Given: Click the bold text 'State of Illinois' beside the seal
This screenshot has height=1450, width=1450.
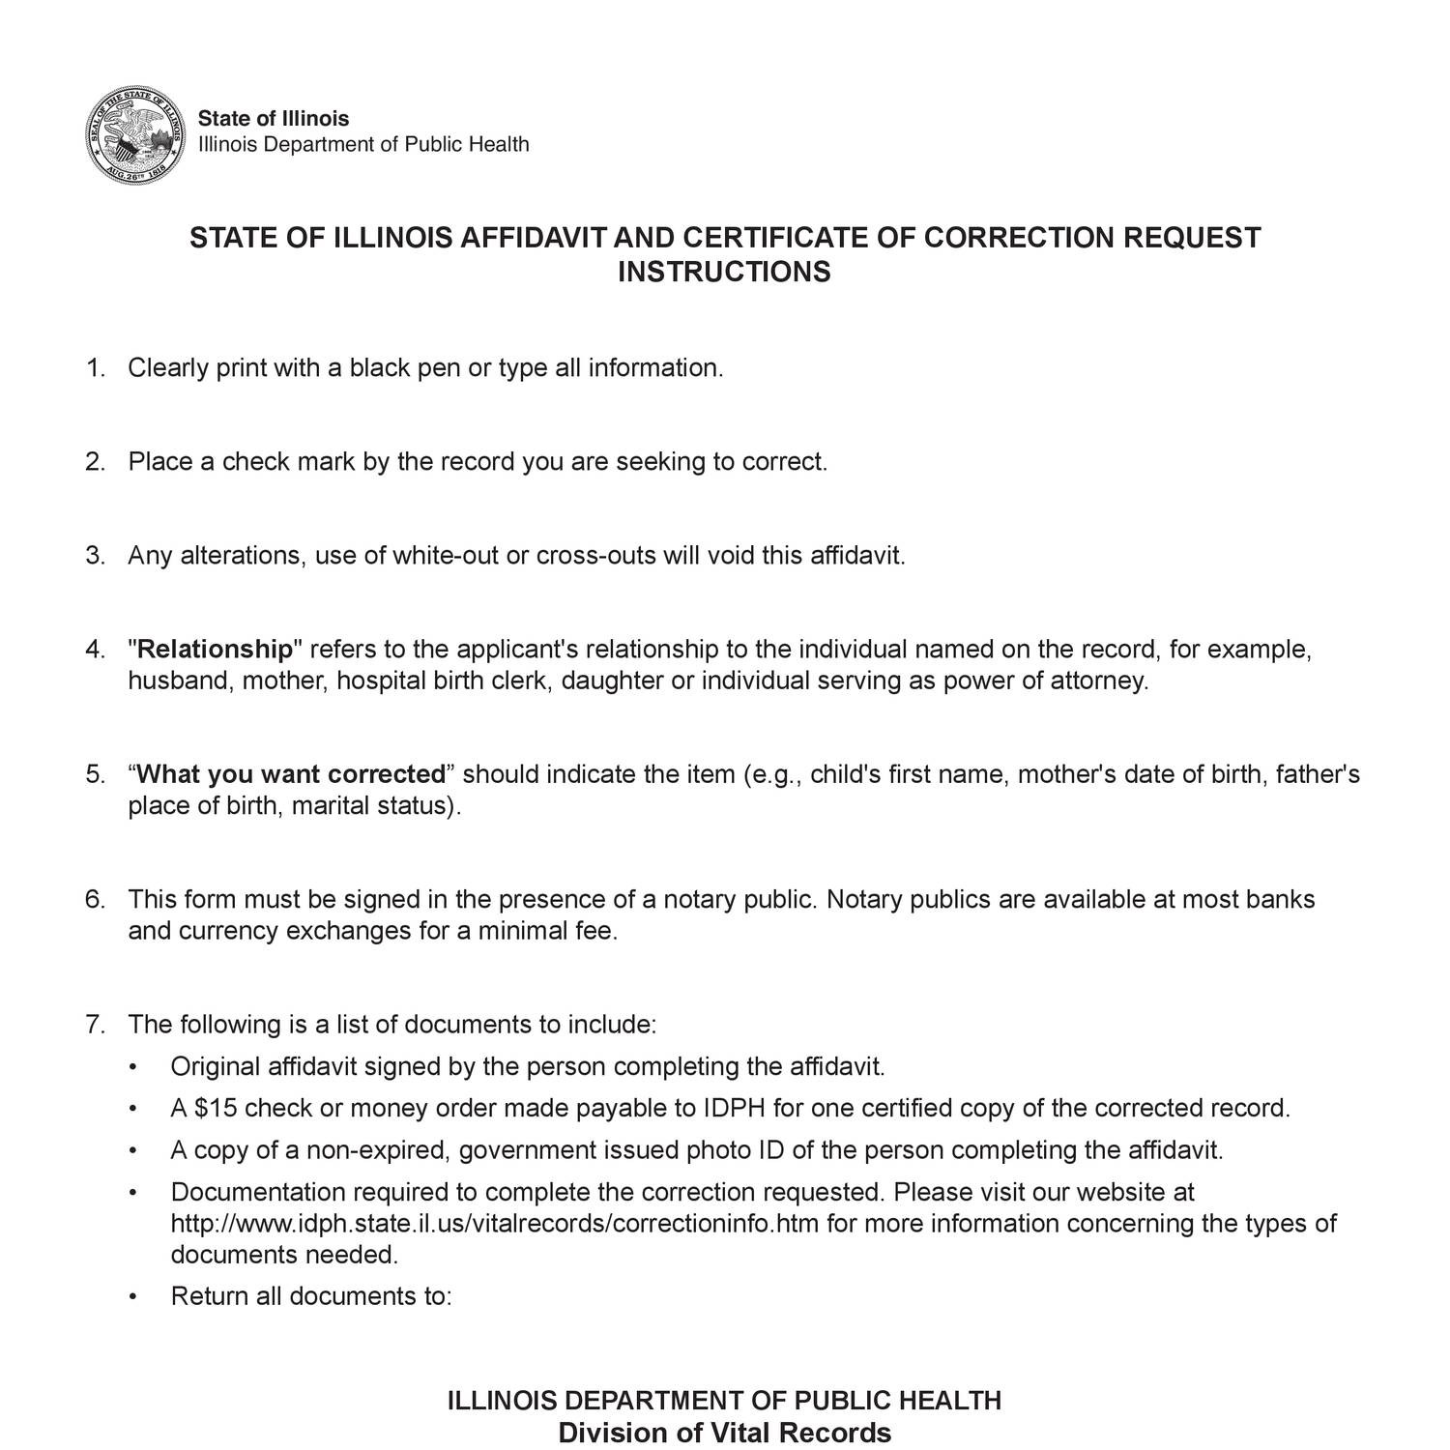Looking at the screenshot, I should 274,119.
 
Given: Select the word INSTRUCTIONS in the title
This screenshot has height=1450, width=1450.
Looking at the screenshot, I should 724,272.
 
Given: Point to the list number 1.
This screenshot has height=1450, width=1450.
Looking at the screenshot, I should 94,368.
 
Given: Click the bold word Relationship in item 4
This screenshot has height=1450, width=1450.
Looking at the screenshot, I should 215,649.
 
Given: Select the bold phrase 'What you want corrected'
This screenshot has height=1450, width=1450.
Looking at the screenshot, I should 290,774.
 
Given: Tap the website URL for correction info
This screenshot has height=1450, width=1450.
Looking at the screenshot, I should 494,1224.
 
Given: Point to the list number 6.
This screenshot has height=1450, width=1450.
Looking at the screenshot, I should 94,899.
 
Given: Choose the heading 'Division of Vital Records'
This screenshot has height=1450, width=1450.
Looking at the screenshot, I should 724,1433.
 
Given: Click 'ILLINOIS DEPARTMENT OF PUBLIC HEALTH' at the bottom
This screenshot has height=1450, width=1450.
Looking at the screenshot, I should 724,1400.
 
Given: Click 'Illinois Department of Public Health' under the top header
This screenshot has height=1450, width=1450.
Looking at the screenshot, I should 363,145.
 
